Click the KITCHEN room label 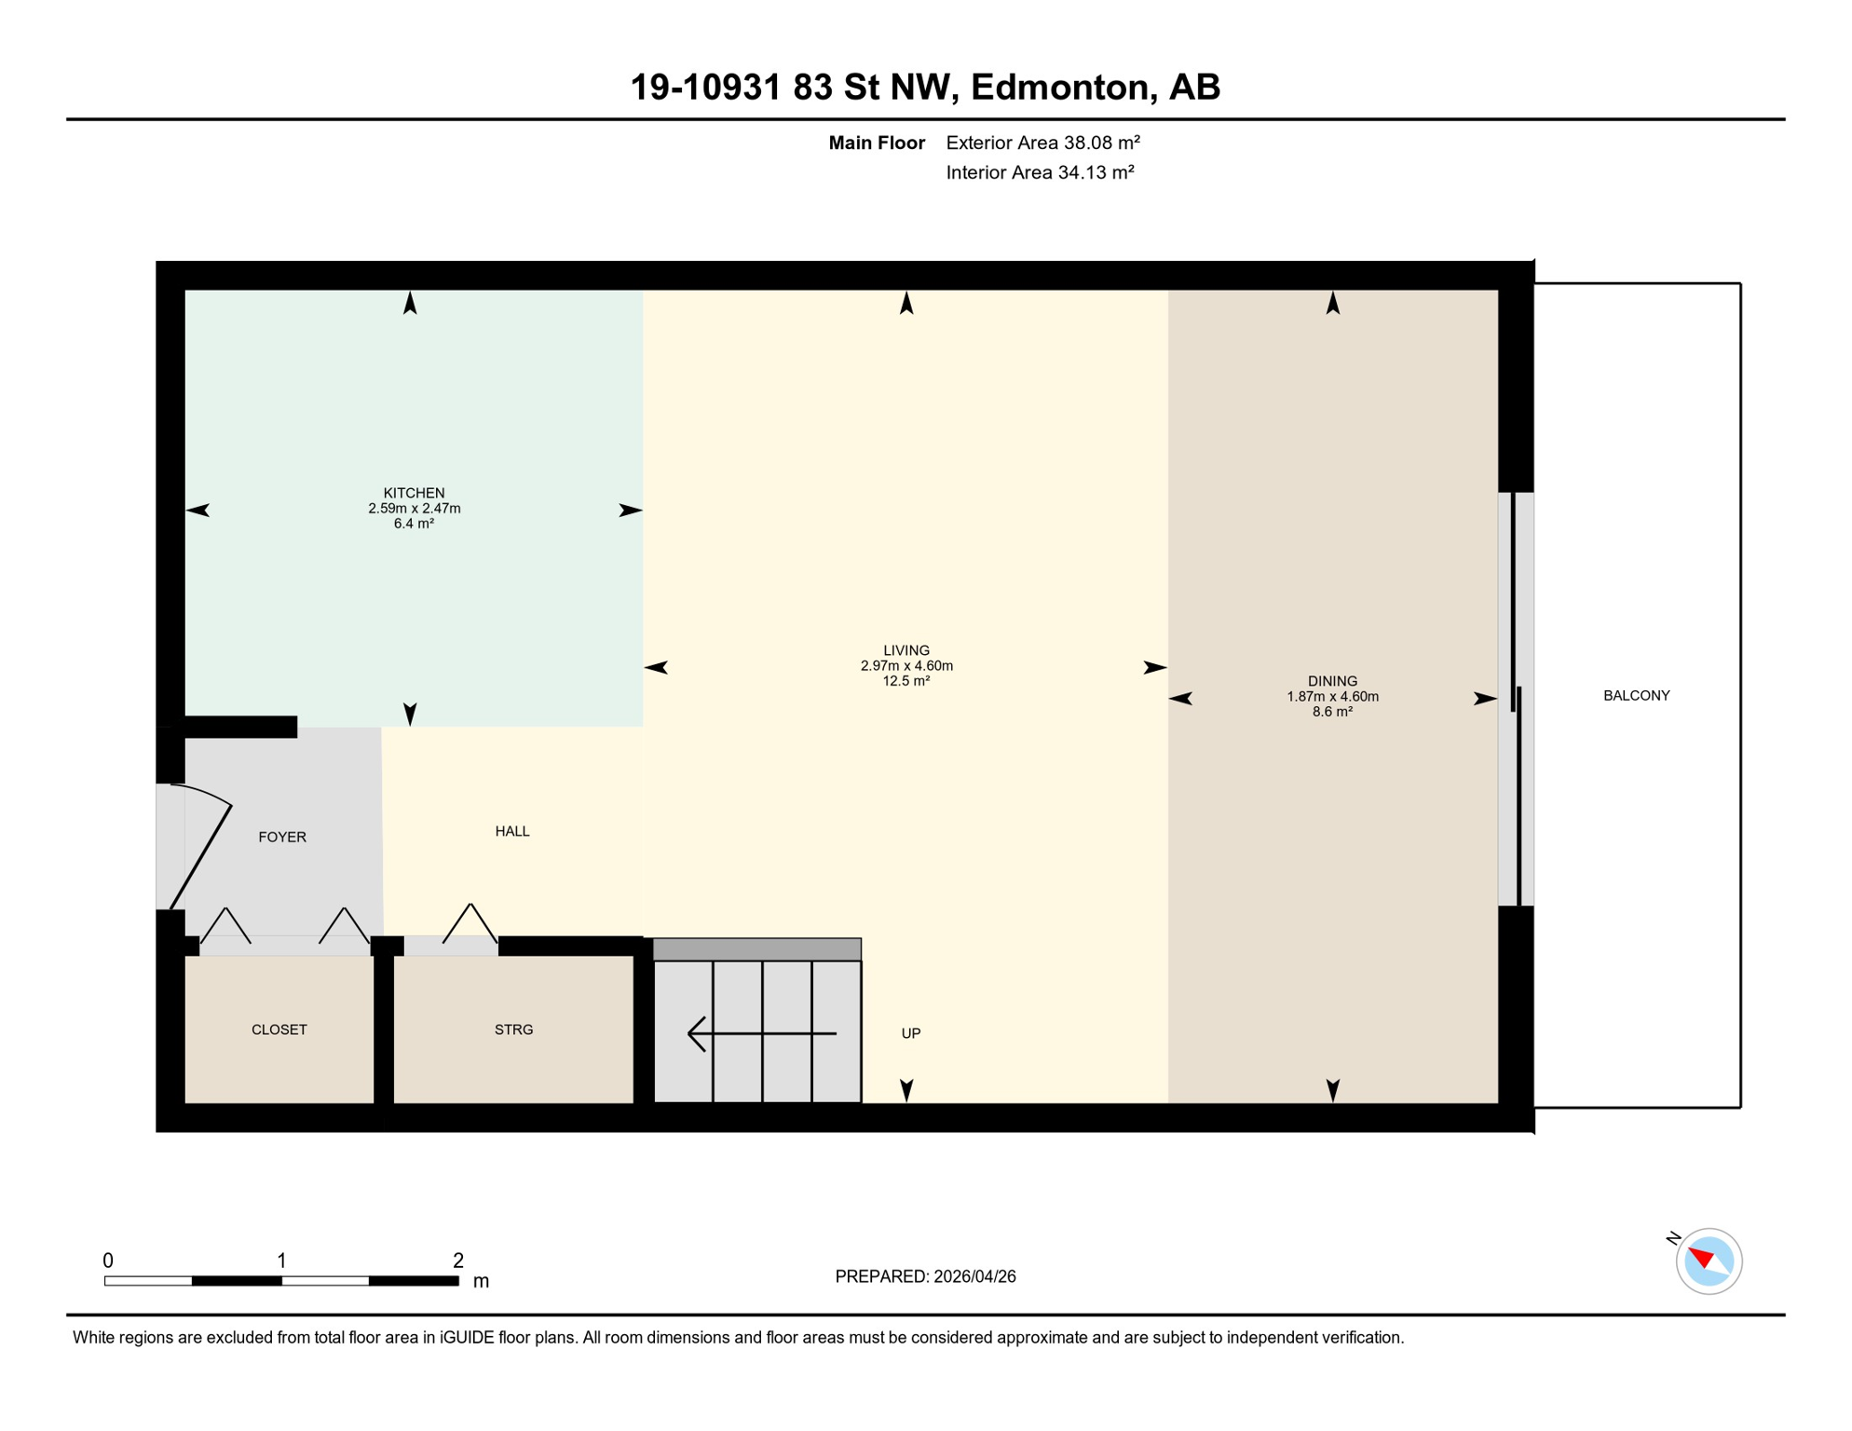pyautogui.click(x=414, y=493)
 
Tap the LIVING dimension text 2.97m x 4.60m pyautogui.click(x=906, y=666)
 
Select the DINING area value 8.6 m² pyautogui.click(x=1332, y=712)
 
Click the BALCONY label pyautogui.click(x=1636, y=696)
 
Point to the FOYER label pyautogui.click(x=281, y=838)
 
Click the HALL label pyautogui.click(x=511, y=832)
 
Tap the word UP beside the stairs pyautogui.click(x=910, y=1033)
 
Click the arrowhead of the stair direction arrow pyautogui.click(x=693, y=1033)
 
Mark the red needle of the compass pyautogui.click(x=1701, y=1258)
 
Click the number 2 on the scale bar pyautogui.click(x=457, y=1261)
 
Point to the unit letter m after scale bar pyautogui.click(x=481, y=1281)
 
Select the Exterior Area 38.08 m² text pyautogui.click(x=1042, y=143)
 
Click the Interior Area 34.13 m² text pyautogui.click(x=1040, y=172)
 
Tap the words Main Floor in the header pyautogui.click(x=876, y=143)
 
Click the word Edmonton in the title pyautogui.click(x=1058, y=88)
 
